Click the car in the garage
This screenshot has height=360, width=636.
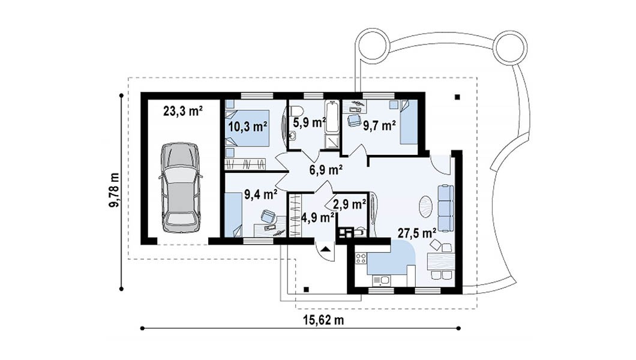(180, 188)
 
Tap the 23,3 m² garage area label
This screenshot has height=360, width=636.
(183, 110)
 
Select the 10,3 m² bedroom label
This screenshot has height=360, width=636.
(247, 127)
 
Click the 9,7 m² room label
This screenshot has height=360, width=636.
(379, 125)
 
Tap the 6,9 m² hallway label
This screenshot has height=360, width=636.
(326, 169)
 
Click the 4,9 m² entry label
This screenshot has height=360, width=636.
(317, 218)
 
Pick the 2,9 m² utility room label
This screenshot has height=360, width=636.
(349, 205)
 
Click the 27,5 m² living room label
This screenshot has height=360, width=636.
(416, 233)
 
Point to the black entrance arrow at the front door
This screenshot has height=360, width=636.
(325, 248)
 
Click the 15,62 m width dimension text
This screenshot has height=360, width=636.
(323, 320)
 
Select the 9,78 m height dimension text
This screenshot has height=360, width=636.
(115, 191)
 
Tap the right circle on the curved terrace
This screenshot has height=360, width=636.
(511, 46)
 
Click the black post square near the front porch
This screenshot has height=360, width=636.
(307, 289)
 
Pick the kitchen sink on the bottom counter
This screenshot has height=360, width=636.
(381, 280)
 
